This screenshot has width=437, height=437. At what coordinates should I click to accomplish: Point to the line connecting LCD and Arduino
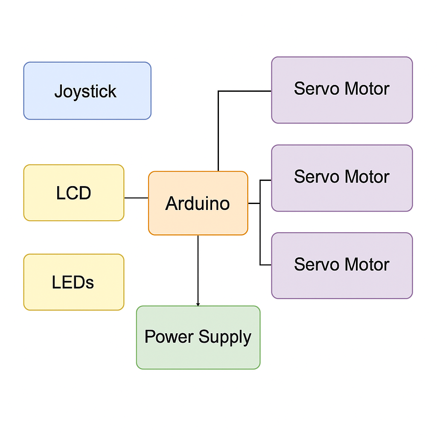tap(136, 198)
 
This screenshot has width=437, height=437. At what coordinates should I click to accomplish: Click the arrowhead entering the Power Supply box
tap(198, 304)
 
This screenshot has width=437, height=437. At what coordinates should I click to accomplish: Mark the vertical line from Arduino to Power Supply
tap(198, 269)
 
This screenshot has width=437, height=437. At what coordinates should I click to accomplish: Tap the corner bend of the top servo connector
tap(218, 91)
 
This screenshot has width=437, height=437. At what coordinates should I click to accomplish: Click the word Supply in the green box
tap(224, 337)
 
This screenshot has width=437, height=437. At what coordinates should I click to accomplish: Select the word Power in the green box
tap(169, 337)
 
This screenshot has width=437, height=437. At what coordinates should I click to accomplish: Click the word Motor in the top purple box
tap(367, 89)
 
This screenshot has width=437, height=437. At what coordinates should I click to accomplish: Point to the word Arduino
tap(198, 204)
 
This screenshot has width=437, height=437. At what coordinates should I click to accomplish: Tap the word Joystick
tap(85, 92)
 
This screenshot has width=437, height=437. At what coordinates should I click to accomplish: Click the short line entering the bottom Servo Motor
tap(266, 265)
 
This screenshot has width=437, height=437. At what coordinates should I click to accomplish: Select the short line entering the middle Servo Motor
tap(266, 181)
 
